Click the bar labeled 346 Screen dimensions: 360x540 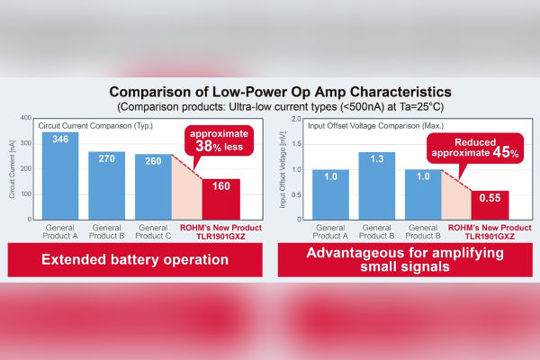[x=60, y=175]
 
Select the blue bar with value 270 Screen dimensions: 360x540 [x=106, y=185]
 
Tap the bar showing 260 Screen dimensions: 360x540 [x=152, y=186]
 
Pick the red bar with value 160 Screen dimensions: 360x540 [x=220, y=199]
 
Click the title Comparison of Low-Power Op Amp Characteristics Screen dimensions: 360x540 [x=270, y=92]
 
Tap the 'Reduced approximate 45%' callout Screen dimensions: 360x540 [x=484, y=148]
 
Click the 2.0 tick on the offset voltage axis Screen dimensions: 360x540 [x=300, y=119]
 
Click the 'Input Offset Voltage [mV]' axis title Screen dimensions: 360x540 [x=285, y=169]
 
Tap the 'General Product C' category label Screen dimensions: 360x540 [x=152, y=232]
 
